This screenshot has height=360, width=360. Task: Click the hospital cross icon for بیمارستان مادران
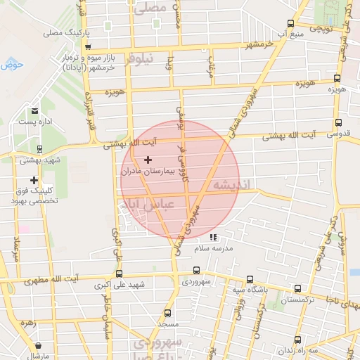click(148, 160)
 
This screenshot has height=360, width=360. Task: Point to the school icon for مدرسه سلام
click(213, 238)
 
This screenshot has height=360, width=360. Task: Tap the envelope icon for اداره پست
click(34, 111)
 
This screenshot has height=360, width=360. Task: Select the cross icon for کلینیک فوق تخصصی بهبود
click(33, 180)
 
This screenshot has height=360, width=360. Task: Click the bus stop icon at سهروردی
click(196, 271)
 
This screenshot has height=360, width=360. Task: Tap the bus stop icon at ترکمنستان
click(297, 288)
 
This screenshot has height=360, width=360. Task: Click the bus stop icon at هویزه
click(337, 79)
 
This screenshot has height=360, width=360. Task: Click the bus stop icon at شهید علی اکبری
click(119, 274)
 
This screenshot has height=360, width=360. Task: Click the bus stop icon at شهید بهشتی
click(39, 149)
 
